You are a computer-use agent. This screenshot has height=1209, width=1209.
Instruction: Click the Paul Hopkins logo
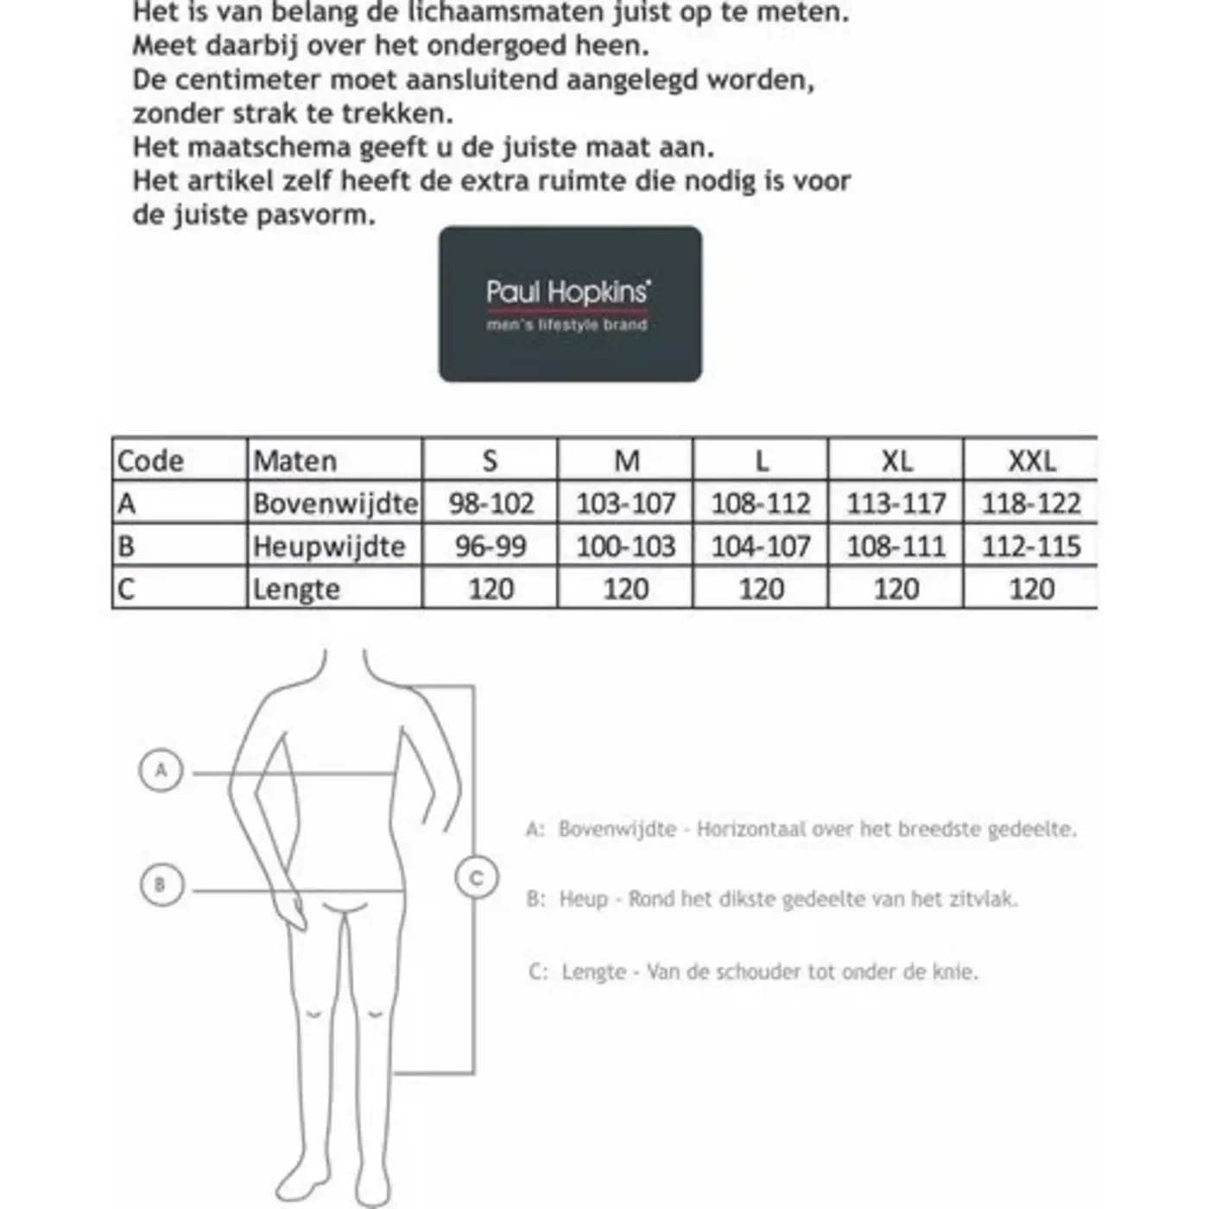click(570, 304)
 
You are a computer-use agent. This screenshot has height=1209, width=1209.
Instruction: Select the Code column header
click(150, 460)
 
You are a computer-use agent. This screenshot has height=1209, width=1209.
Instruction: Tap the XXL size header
click(1031, 460)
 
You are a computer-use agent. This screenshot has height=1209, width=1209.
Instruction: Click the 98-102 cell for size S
click(491, 503)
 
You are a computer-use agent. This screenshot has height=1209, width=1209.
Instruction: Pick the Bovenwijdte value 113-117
click(896, 503)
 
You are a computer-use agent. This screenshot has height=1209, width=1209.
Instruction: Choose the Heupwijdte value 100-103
click(625, 547)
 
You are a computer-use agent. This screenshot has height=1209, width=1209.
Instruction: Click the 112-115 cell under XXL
click(1031, 547)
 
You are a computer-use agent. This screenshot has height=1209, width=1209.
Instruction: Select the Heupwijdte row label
click(328, 547)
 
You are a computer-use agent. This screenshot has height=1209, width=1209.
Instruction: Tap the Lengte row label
click(295, 590)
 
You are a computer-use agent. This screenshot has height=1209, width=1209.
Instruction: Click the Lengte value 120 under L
click(761, 590)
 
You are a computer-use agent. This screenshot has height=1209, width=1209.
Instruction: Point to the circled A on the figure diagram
click(161, 769)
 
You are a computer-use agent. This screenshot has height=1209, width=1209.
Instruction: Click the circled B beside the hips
click(161, 884)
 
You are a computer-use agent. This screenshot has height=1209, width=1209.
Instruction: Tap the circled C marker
click(476, 878)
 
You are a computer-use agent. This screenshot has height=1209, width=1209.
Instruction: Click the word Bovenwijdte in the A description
click(617, 830)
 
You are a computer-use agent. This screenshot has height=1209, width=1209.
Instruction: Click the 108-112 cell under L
click(761, 503)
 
